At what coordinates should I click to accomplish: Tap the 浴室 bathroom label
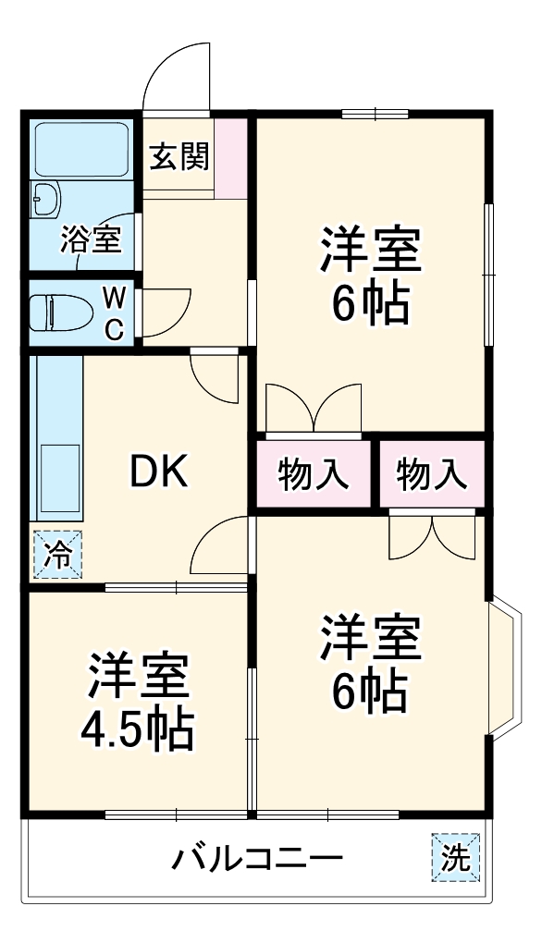click(91, 239)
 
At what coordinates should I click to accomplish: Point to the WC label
click(115, 314)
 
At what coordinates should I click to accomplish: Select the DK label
click(158, 473)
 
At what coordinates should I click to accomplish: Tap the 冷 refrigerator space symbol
click(57, 555)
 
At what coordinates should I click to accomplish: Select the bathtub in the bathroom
click(81, 152)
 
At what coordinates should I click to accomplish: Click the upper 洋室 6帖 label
click(371, 275)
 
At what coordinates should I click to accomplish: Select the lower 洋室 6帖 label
click(371, 664)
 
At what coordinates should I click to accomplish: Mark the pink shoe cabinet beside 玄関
click(230, 157)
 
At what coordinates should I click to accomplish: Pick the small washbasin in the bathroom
click(45, 198)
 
